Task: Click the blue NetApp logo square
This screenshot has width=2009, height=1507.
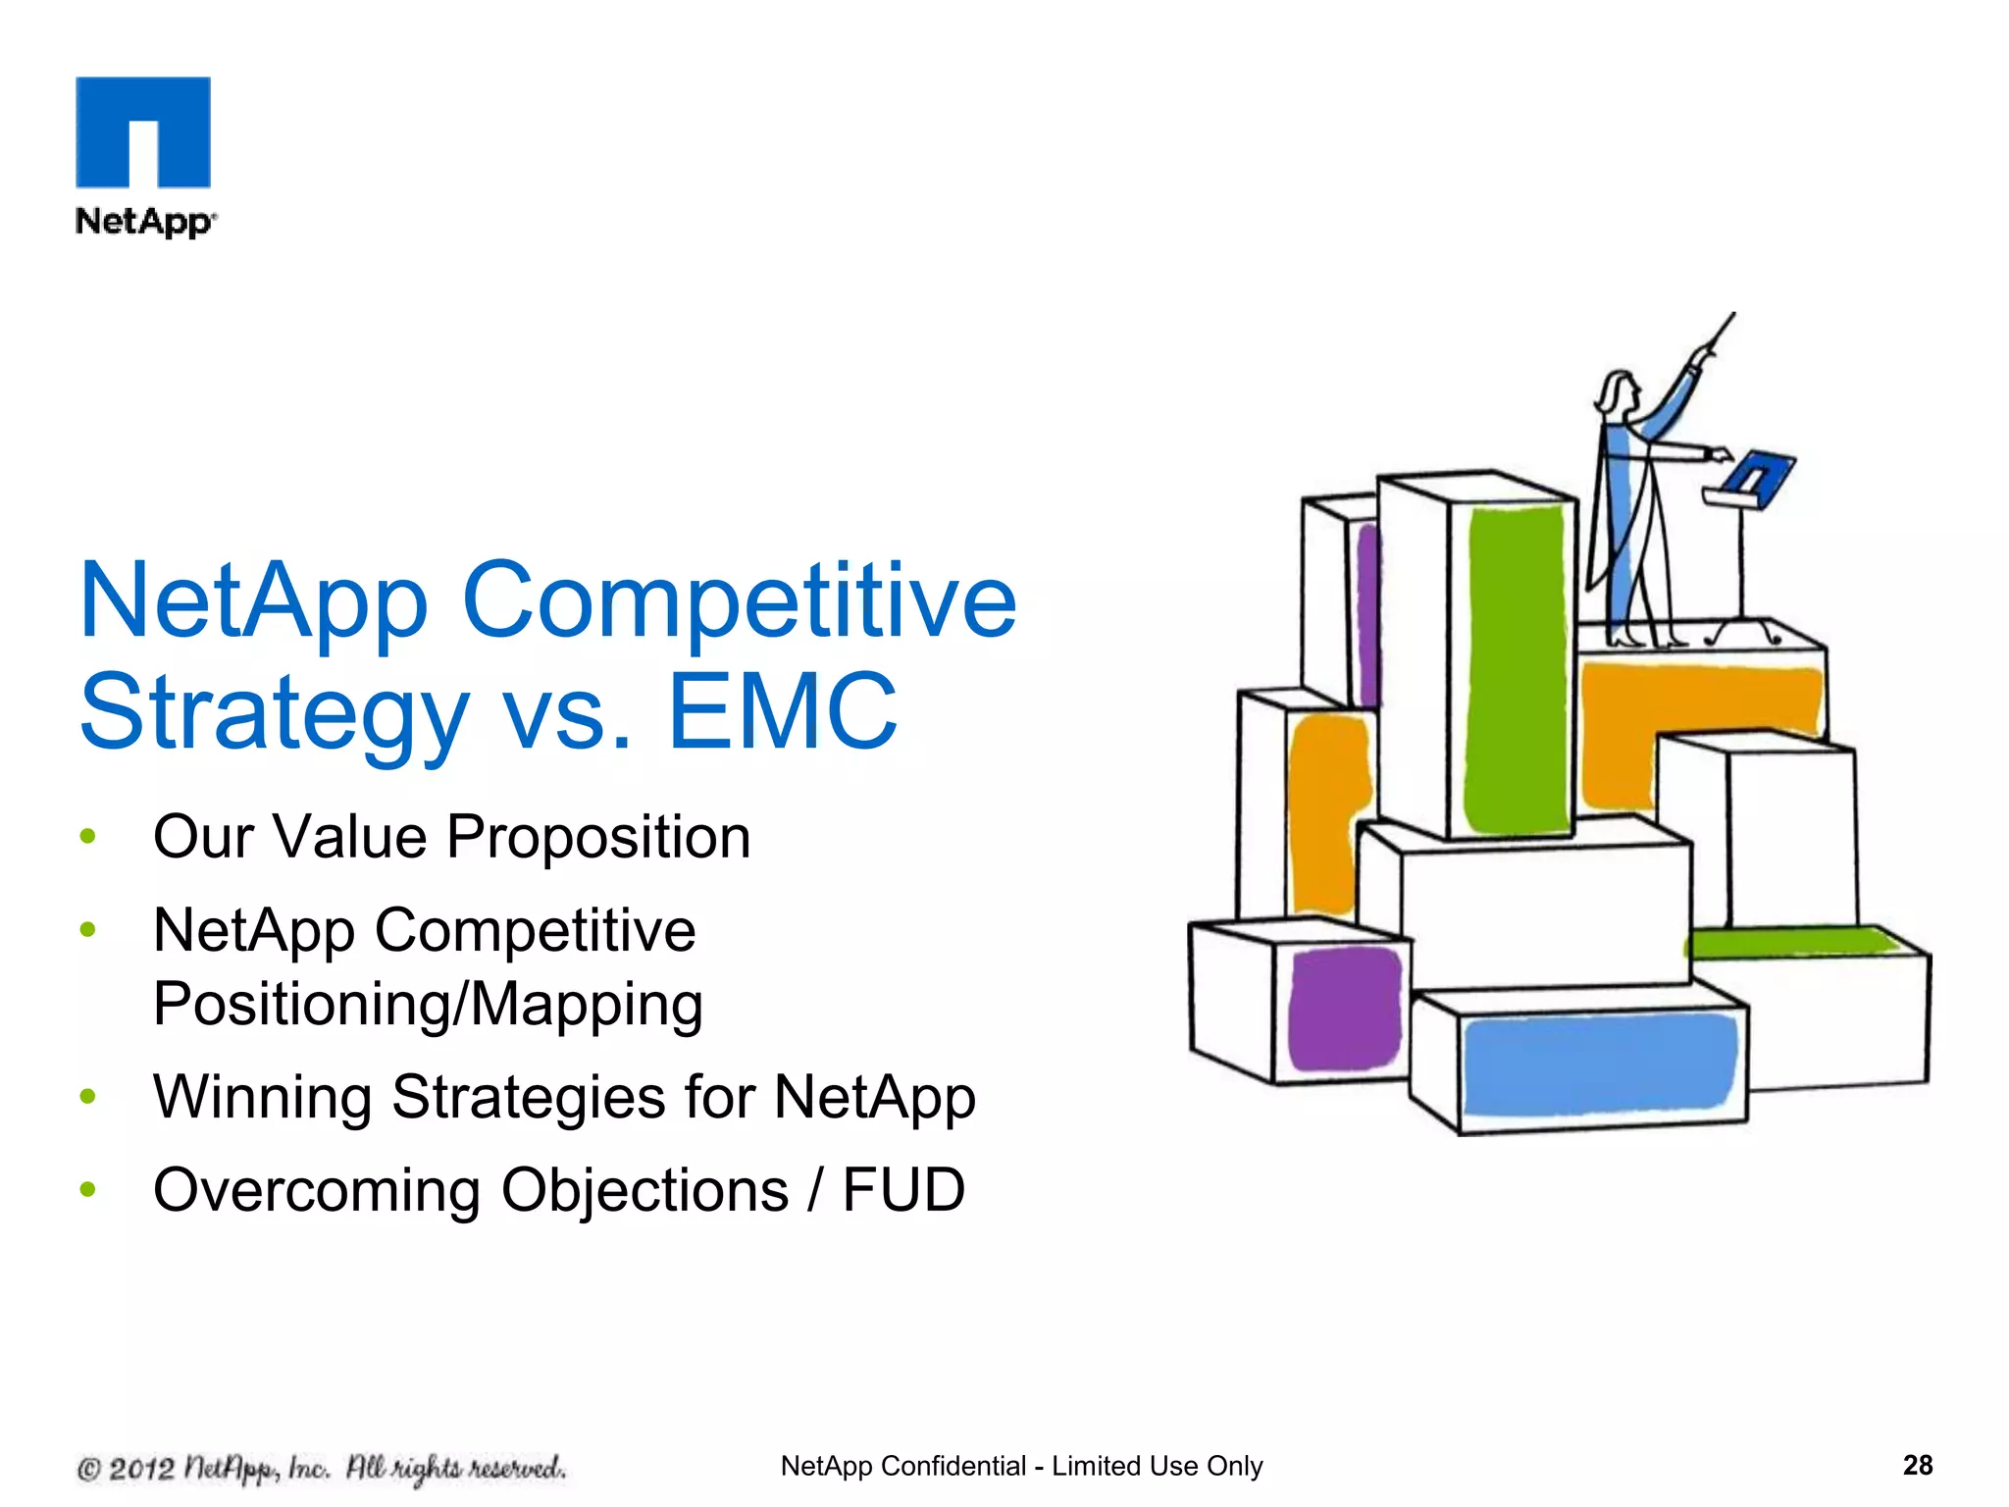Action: pyautogui.click(x=143, y=131)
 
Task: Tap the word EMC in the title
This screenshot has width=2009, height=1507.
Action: pyautogui.click(x=782, y=710)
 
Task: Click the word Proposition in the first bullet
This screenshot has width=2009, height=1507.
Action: pyautogui.click(x=598, y=838)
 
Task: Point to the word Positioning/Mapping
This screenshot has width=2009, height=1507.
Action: pyautogui.click(x=428, y=1005)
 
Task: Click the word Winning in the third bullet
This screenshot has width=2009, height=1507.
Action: pyautogui.click(x=262, y=1097)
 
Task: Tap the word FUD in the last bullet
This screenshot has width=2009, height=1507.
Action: pyautogui.click(x=903, y=1190)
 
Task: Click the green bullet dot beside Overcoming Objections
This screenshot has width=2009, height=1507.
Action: pyautogui.click(x=88, y=1190)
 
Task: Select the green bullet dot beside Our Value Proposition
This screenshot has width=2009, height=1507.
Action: pyautogui.click(x=88, y=837)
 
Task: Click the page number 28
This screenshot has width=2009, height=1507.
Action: pyautogui.click(x=1917, y=1466)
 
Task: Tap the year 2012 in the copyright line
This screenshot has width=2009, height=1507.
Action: pyautogui.click(x=141, y=1469)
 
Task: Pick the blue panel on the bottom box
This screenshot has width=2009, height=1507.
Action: pyautogui.click(x=1597, y=1065)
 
